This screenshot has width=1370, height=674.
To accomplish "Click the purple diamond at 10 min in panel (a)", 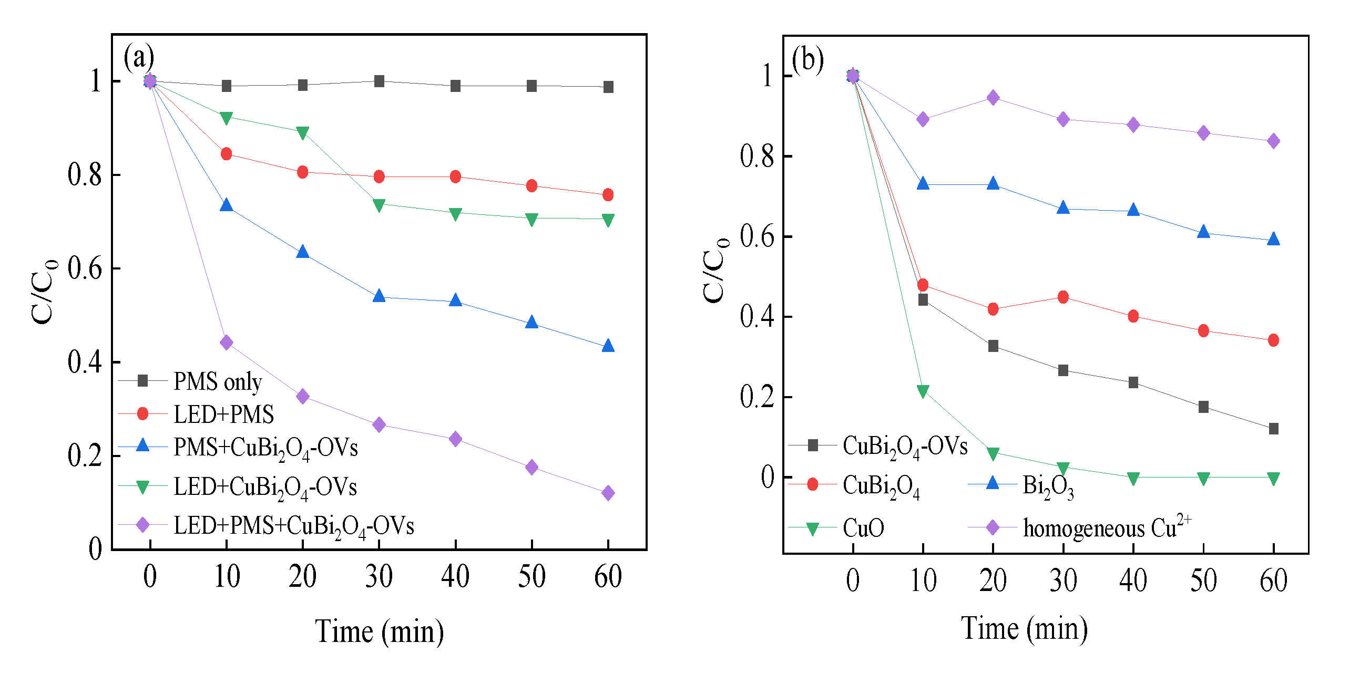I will pos(226,343).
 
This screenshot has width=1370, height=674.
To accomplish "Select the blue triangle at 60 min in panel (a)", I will pos(608,346).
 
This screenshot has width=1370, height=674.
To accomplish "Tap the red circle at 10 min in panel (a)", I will pos(226,154).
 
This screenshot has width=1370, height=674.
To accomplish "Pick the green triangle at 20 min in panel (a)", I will pos(303,132).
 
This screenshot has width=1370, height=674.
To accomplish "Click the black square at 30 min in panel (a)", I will pos(379,81).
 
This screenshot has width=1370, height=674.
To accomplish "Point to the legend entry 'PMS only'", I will pos(217,381).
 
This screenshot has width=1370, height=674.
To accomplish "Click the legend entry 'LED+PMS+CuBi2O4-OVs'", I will pos(293,526).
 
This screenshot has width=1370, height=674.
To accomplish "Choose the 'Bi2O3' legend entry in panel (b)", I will pos(1047,485).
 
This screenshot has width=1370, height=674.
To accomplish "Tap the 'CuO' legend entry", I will pos(863,528).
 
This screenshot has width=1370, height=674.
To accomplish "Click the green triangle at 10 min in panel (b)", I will pos(923,391).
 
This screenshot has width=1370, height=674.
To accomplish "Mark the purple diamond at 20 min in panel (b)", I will pos(993,98).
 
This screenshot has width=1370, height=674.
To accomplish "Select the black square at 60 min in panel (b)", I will pos(1273,429).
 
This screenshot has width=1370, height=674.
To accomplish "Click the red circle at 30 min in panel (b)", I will pos(1063,297).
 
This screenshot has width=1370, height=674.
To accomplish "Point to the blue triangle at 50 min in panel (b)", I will pos(1203,232).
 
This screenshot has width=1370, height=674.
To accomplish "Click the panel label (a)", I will pos(139,57).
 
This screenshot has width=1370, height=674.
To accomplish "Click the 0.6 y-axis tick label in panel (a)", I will pos(85,268).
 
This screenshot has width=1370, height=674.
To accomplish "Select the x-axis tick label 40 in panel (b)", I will pos(1133,580).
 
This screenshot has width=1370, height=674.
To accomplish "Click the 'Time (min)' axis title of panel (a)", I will pos(379,631).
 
